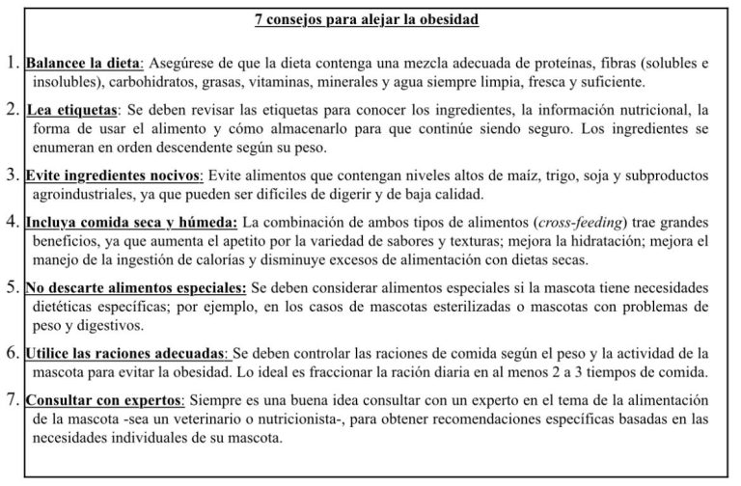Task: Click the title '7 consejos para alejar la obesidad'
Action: pyautogui.click(x=370, y=19)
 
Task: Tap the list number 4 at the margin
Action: pyautogui.click(x=13, y=221)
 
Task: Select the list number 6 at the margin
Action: pyautogui.click(x=13, y=354)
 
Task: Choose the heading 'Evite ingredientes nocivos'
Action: pyautogui.click(x=112, y=176)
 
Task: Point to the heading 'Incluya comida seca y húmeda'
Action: pyautogui.click(x=129, y=222)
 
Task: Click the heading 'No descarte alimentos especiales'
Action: pyautogui.click(x=136, y=287)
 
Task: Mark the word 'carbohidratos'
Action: pyautogui.click(x=189, y=82)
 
